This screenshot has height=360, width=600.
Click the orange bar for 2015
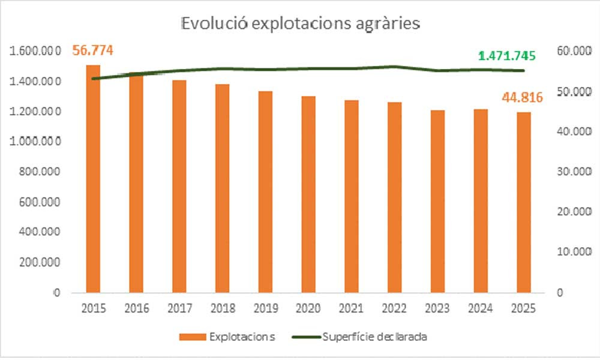click(93, 180)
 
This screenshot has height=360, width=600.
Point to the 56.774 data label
click(93, 50)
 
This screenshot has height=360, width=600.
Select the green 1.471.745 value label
click(507, 56)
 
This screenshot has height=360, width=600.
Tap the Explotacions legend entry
click(228, 337)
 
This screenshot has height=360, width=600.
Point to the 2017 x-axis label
click(179, 308)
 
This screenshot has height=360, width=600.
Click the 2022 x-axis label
click(394, 308)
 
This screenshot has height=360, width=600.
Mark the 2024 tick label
click(481, 308)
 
